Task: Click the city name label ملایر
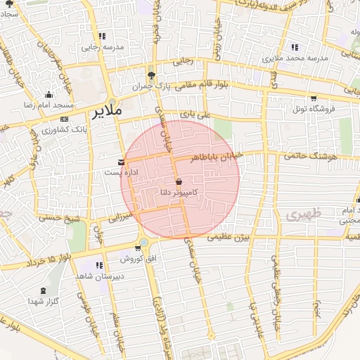[x=106, y=111]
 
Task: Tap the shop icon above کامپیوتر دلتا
[x=179, y=181]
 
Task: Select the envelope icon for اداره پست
[x=122, y=162]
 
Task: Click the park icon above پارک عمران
[x=150, y=76]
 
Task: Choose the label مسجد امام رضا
[x=48, y=104]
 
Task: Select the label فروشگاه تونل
[x=314, y=108]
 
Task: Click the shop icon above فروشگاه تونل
[x=313, y=98]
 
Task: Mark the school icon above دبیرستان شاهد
[x=100, y=265]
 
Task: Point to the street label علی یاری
[x=195, y=113]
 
